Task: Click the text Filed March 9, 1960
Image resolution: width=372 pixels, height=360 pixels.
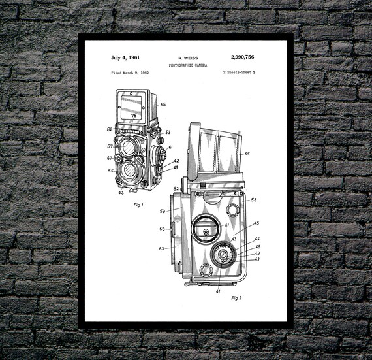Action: click(125, 72)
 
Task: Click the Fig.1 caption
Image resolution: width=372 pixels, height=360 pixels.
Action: click(138, 205)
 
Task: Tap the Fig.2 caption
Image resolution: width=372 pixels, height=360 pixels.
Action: click(236, 297)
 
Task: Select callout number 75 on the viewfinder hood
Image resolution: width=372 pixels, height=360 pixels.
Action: click(134, 115)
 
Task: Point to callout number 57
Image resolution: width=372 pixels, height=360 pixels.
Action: click(110, 146)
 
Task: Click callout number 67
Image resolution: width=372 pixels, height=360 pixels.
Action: click(110, 157)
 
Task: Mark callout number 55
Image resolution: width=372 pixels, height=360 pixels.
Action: click(110, 171)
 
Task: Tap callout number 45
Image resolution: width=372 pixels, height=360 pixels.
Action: click(256, 223)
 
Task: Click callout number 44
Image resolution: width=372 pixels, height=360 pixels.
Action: click(257, 239)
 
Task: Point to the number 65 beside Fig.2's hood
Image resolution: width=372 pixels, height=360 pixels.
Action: click(247, 154)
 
